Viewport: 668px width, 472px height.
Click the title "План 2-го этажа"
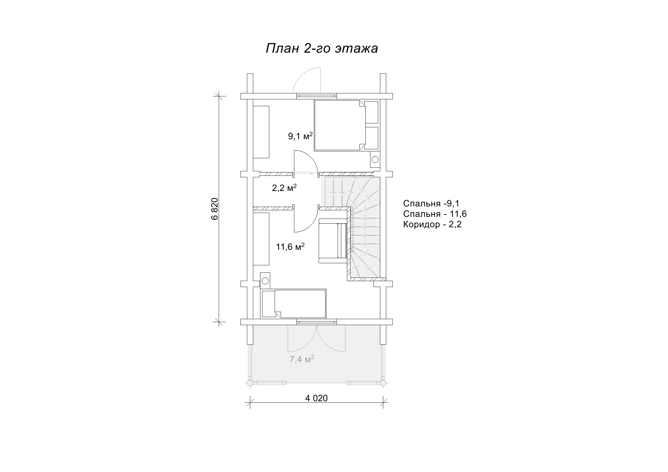(322, 48)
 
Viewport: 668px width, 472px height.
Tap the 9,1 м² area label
(300, 136)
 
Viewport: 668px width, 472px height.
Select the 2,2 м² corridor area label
(284, 188)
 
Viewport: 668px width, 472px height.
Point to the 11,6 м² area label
(290, 247)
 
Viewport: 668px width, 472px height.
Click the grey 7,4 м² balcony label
(302, 359)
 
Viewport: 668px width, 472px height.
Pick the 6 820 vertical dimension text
(215, 209)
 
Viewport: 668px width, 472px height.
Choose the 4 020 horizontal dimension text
(316, 398)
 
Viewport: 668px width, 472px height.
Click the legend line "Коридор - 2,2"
(432, 224)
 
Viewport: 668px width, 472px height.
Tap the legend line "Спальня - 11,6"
(435, 214)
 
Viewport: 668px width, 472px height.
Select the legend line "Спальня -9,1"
(431, 203)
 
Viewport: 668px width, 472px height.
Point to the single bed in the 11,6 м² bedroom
(294, 304)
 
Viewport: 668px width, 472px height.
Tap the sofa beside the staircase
(333, 241)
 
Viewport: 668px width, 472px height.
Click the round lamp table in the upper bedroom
(375, 159)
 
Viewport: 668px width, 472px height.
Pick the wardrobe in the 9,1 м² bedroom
(261, 132)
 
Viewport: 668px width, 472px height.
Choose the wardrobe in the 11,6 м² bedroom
(261, 239)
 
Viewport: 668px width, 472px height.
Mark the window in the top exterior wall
(317, 96)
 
